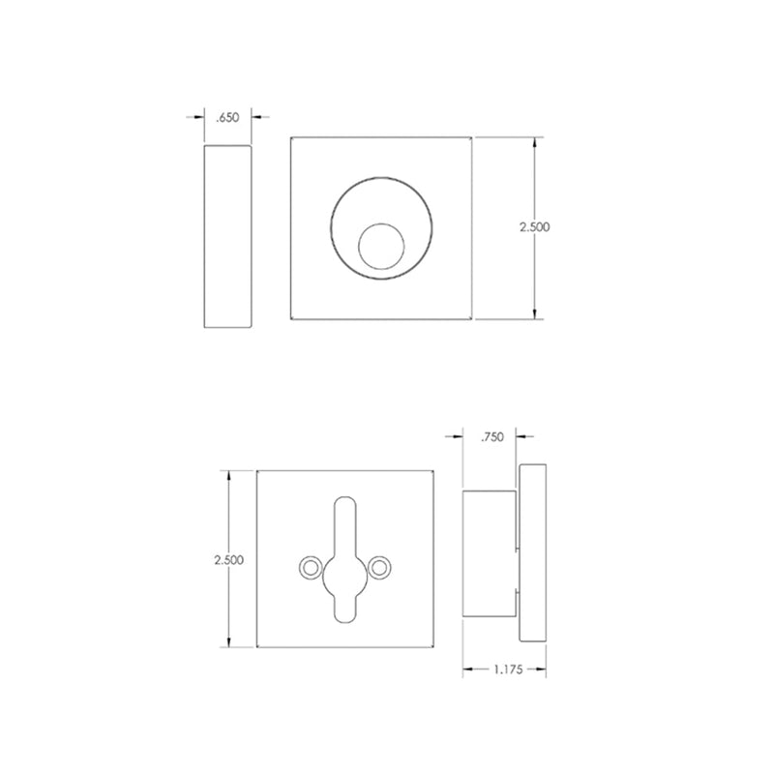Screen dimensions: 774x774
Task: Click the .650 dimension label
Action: point(228,117)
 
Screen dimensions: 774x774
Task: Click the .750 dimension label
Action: point(491,437)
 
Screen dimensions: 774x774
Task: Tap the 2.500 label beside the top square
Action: point(534,226)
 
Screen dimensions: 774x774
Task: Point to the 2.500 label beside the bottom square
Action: point(227,559)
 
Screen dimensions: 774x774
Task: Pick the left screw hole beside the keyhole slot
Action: point(310,566)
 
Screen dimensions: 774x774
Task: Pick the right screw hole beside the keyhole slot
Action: point(381,566)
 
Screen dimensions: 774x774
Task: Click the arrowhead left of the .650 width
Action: point(200,117)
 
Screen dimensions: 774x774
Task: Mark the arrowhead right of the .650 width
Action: point(256,117)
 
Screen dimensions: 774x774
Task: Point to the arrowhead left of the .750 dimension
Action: point(460,437)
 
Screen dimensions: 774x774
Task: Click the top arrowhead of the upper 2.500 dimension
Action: point(535,141)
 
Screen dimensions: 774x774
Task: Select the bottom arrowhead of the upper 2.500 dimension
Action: point(535,313)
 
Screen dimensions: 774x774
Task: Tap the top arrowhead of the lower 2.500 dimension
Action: point(228,475)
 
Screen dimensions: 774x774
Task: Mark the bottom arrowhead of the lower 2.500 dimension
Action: point(228,643)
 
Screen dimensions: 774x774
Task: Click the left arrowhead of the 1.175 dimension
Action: point(466,669)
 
